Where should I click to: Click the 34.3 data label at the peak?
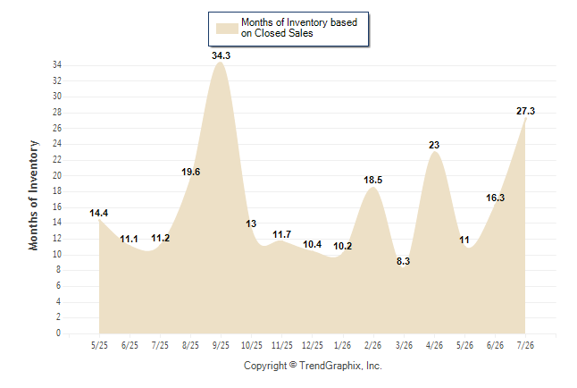click(x=221, y=55)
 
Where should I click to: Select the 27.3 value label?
click(x=525, y=111)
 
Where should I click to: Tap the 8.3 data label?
click(x=403, y=261)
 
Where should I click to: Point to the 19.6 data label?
click(x=190, y=172)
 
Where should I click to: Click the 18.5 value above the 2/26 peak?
click(x=372, y=180)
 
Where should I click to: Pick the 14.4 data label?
click(x=98, y=213)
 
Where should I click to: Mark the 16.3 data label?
click(x=495, y=198)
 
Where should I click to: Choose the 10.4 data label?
click(x=312, y=244)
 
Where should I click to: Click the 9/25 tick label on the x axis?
click(x=221, y=345)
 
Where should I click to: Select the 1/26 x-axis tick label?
click(x=343, y=345)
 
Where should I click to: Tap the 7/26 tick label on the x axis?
click(x=525, y=345)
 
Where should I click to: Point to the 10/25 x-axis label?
click(x=252, y=345)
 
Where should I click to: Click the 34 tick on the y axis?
click(x=57, y=65)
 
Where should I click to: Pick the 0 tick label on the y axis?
click(x=59, y=333)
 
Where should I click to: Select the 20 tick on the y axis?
click(x=57, y=175)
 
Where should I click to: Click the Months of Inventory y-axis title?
click(x=33, y=195)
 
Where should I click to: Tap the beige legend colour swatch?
click(x=227, y=29)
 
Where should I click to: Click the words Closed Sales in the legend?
click(x=284, y=33)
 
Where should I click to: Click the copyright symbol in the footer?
click(x=293, y=365)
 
